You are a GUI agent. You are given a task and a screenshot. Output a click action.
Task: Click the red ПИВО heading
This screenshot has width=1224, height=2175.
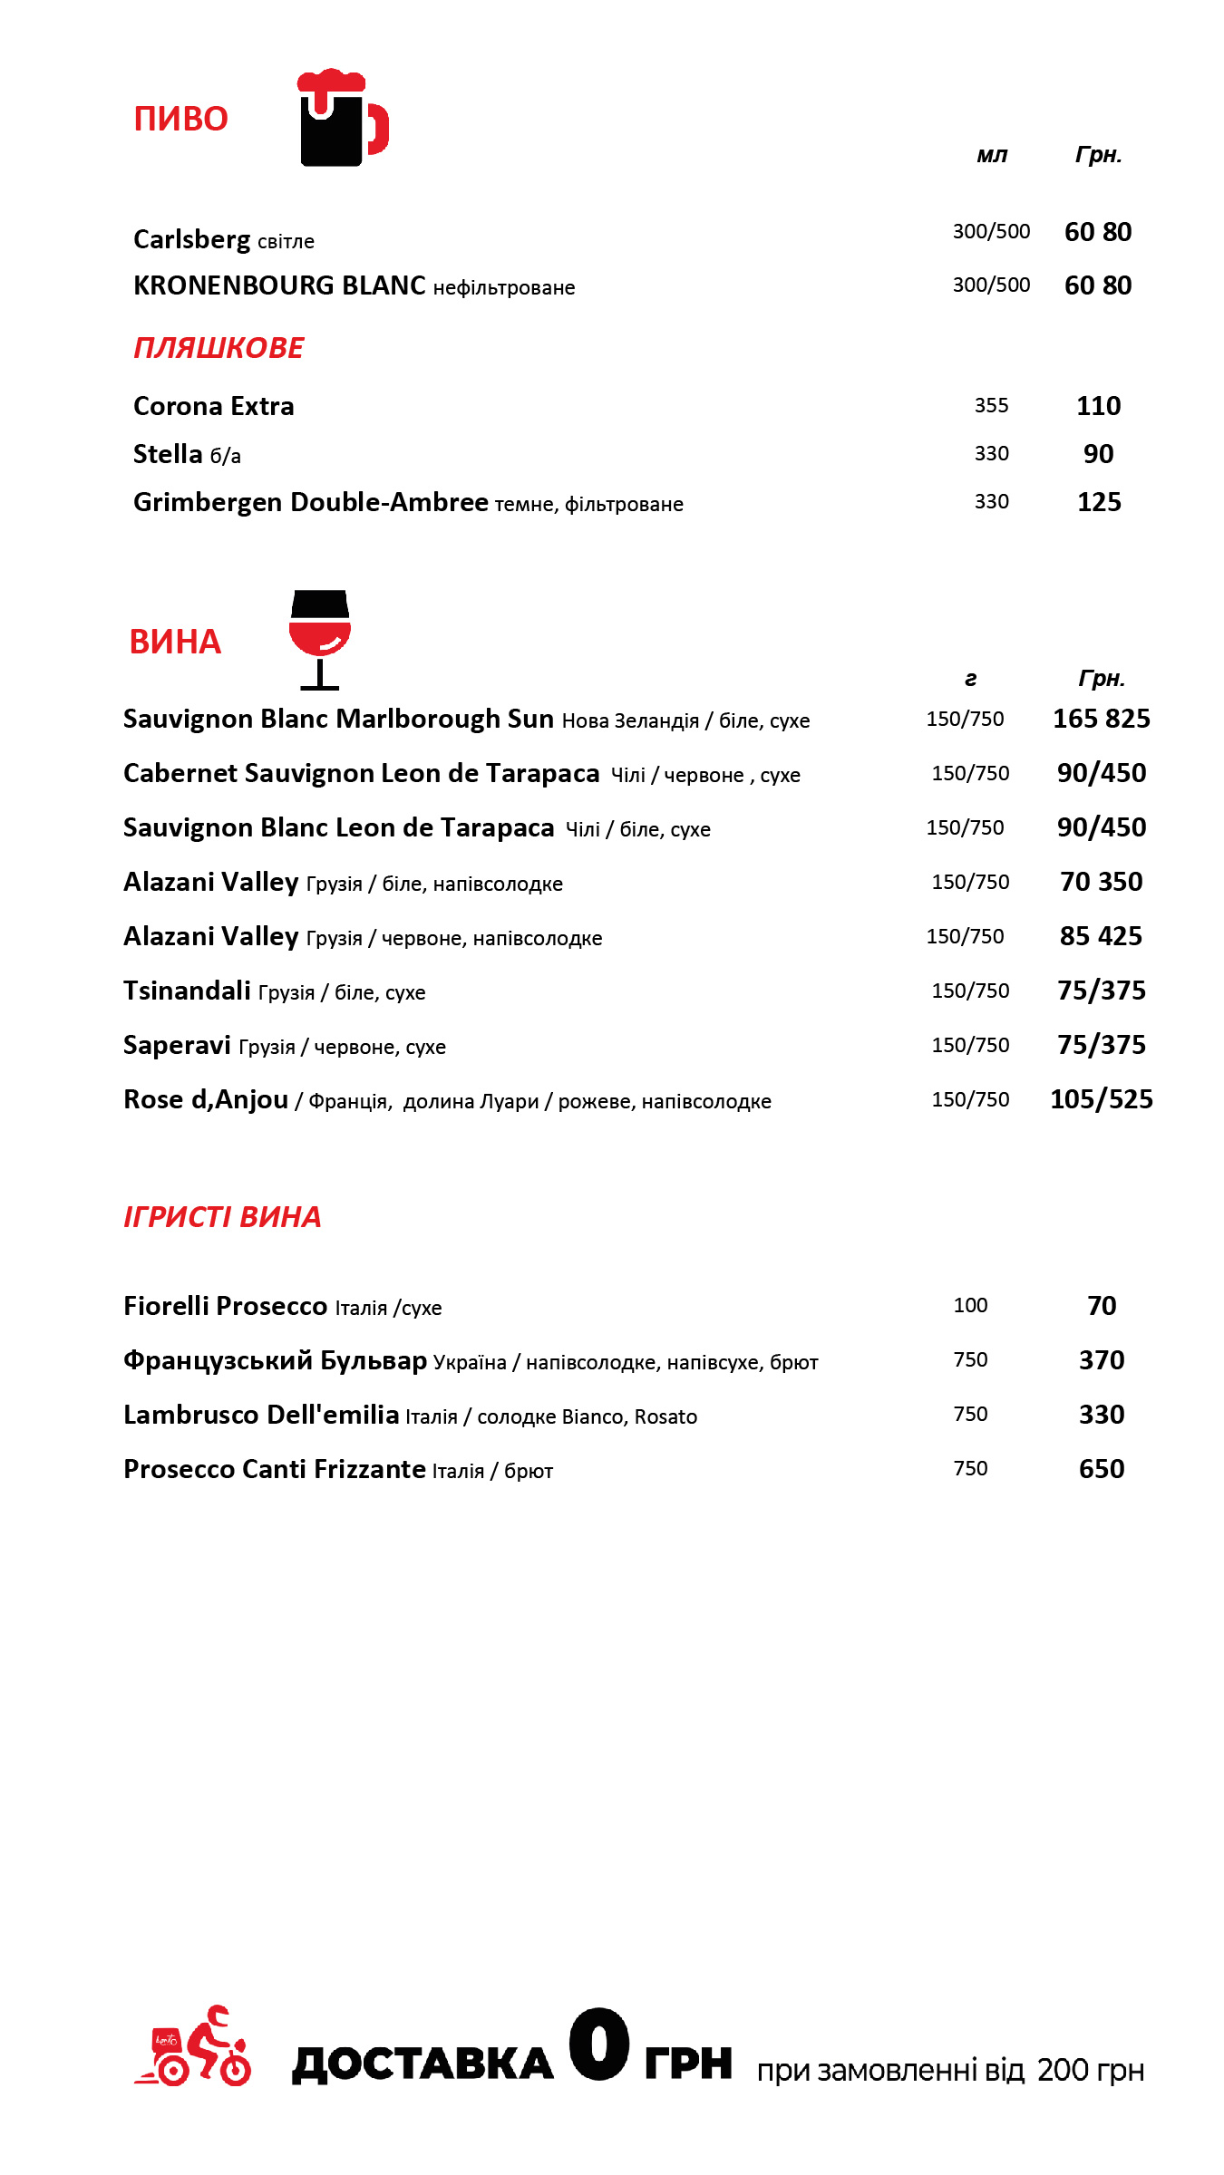point(180,119)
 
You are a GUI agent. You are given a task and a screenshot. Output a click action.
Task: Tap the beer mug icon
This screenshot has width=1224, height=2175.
point(340,119)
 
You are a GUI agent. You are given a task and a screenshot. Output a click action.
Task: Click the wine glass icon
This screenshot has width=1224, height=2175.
point(319,638)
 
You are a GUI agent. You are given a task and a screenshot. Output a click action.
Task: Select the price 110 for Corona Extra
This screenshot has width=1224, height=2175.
point(1098,406)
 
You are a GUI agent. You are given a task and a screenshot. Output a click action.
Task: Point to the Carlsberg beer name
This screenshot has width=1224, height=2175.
point(191,239)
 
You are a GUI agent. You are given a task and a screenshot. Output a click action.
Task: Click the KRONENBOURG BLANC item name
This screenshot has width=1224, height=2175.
point(279,285)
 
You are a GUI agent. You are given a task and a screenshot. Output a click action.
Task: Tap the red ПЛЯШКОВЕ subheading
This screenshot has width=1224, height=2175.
point(219,348)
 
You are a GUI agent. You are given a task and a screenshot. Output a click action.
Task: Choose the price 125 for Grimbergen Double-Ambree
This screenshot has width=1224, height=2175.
point(1099,502)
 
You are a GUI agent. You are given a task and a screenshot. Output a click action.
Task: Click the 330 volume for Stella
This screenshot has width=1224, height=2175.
point(991,454)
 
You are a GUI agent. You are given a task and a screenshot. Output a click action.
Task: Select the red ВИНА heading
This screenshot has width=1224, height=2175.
point(175,642)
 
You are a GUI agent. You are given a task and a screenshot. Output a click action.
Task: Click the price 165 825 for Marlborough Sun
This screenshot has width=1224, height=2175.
point(1101,719)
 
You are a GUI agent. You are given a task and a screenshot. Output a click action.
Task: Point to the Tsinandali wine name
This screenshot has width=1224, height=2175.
point(187,991)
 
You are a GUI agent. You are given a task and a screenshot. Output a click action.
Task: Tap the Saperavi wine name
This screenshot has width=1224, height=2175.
point(177,1045)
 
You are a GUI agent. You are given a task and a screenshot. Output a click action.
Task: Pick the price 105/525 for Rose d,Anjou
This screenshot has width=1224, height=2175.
point(1101,1099)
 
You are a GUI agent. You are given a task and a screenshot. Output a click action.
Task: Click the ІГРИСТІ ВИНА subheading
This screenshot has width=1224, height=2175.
point(222,1217)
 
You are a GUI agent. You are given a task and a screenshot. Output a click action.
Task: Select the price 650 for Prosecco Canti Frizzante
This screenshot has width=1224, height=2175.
point(1101,1469)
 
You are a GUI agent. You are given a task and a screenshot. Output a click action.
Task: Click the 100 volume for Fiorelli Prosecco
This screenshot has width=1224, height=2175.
point(970,1306)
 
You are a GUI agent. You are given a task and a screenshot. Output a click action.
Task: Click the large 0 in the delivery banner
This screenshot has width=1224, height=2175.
point(598,2044)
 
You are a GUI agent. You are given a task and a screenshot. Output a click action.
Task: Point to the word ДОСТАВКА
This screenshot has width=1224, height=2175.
point(423,2064)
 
